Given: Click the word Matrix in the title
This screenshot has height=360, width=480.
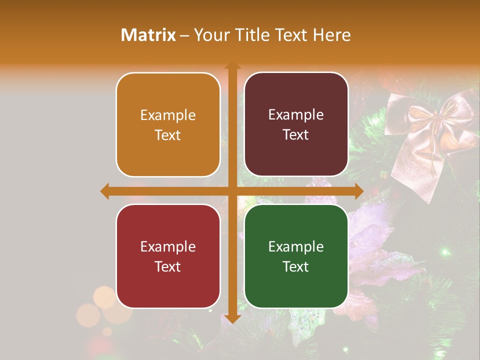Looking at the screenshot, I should pos(148,34).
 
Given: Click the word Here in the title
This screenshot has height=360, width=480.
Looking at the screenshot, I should pos(332,34).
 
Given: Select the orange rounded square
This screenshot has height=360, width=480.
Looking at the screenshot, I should pos(168,124).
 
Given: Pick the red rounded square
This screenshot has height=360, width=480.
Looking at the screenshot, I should pos(168,256).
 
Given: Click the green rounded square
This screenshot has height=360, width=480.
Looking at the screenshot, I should pos(296,256).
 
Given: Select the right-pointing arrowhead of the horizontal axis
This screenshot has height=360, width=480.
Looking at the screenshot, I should pos(359,191).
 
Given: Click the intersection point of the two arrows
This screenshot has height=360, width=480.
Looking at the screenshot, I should pos(232,191).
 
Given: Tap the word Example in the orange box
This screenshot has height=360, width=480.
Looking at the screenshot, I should pos(168,115).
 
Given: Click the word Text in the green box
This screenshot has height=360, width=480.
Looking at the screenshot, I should pos(296,266).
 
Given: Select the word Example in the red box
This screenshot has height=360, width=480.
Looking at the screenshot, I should pos(168,247).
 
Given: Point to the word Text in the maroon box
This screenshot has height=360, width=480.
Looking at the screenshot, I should pos(296,135).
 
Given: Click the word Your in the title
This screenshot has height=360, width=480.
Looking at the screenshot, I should pos(210,34).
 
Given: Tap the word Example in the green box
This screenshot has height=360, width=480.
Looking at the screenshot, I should pos(296,247).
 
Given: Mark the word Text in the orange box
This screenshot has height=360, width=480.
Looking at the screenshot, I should pos(168,135).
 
